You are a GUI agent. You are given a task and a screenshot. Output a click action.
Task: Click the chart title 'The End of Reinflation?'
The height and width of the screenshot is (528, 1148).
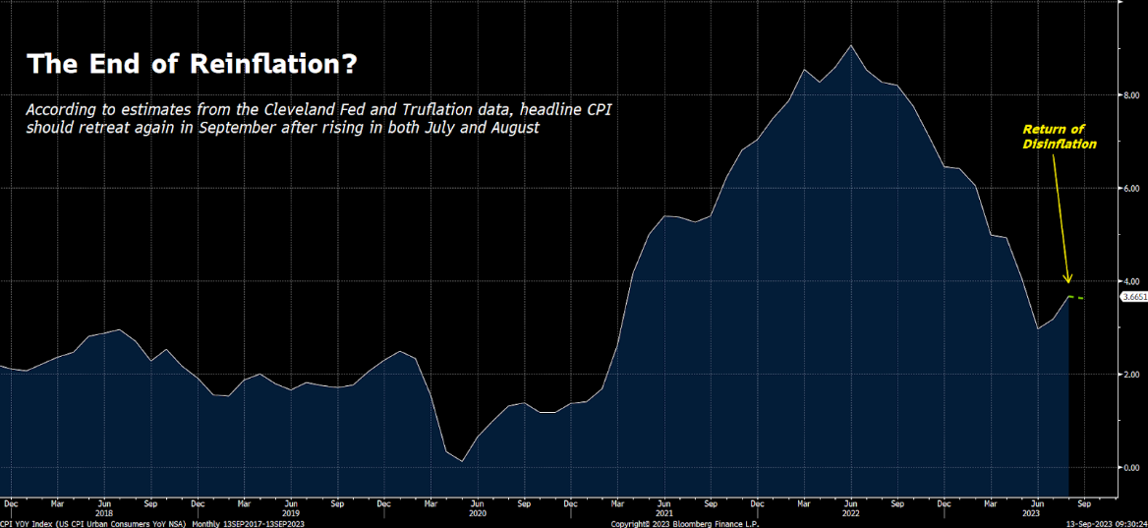pyautogui.click(x=192, y=65)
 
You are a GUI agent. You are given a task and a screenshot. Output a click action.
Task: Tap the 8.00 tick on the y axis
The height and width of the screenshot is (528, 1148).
pyautogui.click(x=1132, y=95)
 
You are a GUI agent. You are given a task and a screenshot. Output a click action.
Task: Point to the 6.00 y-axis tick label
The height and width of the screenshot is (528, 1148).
pyautogui.click(x=1132, y=188)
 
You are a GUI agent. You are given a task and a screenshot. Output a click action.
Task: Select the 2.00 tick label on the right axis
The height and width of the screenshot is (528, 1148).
pyautogui.click(x=1132, y=375)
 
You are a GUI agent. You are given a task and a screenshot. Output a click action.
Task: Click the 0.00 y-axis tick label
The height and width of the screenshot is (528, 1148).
pyautogui.click(x=1132, y=468)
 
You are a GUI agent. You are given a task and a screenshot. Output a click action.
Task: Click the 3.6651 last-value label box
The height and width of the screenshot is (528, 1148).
pyautogui.click(x=1133, y=296)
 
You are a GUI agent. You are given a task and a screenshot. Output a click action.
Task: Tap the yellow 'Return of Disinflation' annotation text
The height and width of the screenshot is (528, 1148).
pyautogui.click(x=1059, y=137)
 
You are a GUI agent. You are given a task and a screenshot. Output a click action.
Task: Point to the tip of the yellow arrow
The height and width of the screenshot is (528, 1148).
pyautogui.click(x=1070, y=283)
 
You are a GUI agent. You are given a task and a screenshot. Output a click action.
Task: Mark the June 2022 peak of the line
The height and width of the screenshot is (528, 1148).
pyautogui.click(x=850, y=45)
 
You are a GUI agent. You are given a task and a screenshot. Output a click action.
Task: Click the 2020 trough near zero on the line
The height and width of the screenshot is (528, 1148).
pyautogui.click(x=462, y=461)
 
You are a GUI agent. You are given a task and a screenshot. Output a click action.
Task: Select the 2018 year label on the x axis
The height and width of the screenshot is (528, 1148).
pyautogui.click(x=104, y=513)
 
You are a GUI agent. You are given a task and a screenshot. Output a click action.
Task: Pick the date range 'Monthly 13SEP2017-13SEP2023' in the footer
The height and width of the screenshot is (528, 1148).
pyautogui.click(x=249, y=524)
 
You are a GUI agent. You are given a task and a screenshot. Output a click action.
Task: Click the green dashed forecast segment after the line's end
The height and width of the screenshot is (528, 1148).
pyautogui.click(x=1077, y=297)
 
